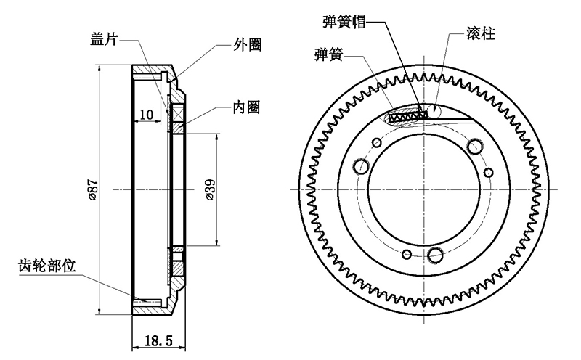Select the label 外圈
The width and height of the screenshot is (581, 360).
(246, 44)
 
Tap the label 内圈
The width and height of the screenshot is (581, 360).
(247, 107)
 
